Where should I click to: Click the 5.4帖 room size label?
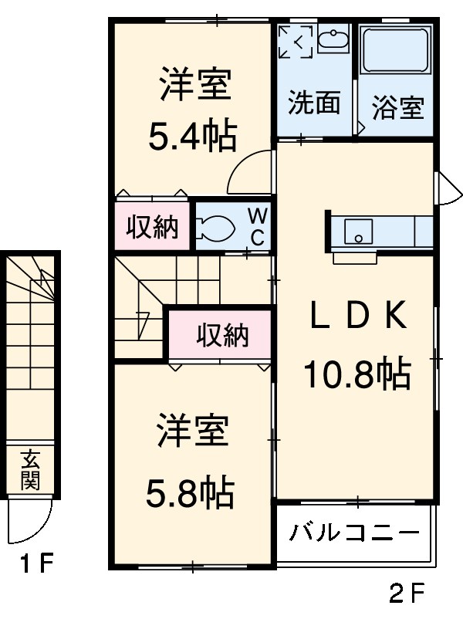click(192, 137)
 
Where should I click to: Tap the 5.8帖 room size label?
click(191, 491)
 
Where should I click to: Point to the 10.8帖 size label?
click(356, 374)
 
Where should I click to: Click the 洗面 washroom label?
click(314, 103)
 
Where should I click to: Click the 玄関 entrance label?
click(30, 469)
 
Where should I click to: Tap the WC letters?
click(257, 225)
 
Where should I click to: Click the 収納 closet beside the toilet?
click(153, 227)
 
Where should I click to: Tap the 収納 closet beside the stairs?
click(221, 335)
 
